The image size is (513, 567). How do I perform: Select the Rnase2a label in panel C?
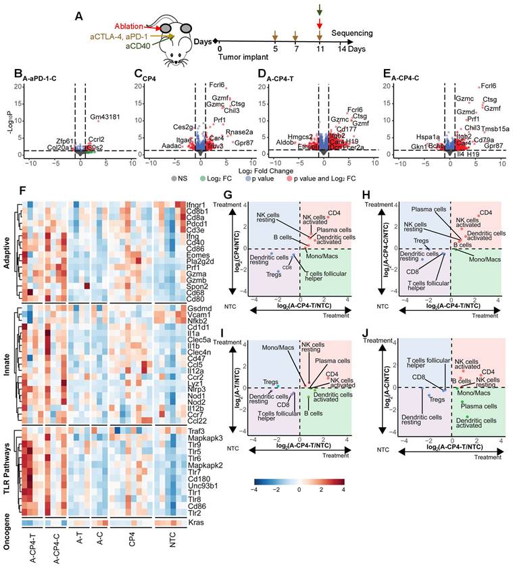tap(225, 132)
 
